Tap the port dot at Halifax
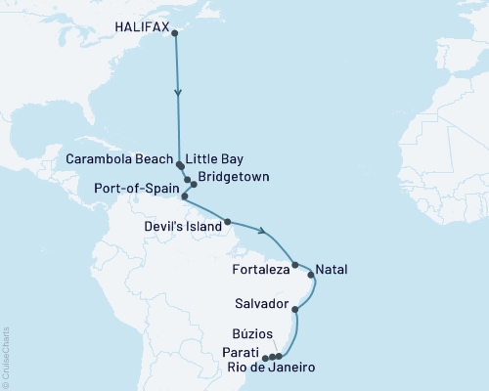click(x=175, y=33)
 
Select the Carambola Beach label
click(x=120, y=157)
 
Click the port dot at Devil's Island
click(x=227, y=222)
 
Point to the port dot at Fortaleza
click(x=294, y=264)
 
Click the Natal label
click(x=333, y=268)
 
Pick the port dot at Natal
click(x=312, y=276)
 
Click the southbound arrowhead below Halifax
click(x=178, y=94)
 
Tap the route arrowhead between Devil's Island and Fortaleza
click(x=263, y=232)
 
